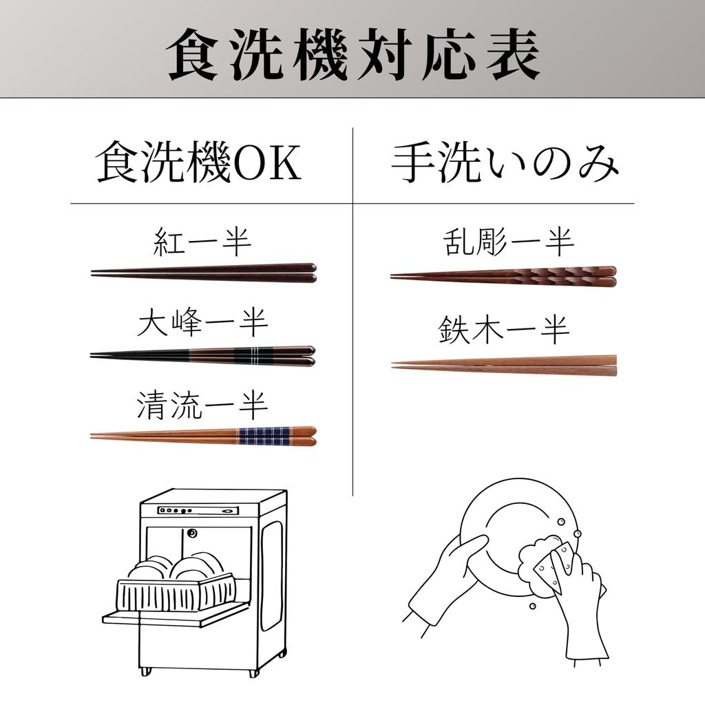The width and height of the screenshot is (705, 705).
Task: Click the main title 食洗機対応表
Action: pyautogui.click(x=352, y=54)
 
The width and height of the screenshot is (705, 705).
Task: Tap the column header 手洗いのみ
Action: pyautogui.click(x=505, y=165)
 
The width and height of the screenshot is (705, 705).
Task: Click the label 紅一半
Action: pyautogui.click(x=202, y=243)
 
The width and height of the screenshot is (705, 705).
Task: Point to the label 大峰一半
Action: pyautogui.click(x=202, y=323)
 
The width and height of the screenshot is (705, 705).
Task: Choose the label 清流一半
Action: pyautogui.click(x=202, y=405)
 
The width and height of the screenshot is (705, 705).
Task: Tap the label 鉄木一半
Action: pyautogui.click(x=504, y=331)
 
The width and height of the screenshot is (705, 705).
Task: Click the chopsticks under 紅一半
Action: pyautogui.click(x=203, y=273)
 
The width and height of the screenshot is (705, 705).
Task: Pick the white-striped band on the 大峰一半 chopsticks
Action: pyautogui.click(x=252, y=356)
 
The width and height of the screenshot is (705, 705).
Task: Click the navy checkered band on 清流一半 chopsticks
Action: pyautogui.click(x=263, y=436)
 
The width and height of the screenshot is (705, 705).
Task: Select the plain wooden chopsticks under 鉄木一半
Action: pyautogui.click(x=504, y=365)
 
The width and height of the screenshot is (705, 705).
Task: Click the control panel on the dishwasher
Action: pyautogui.click(x=198, y=510)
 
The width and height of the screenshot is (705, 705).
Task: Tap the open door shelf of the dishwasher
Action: pyautogui.click(x=172, y=614)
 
